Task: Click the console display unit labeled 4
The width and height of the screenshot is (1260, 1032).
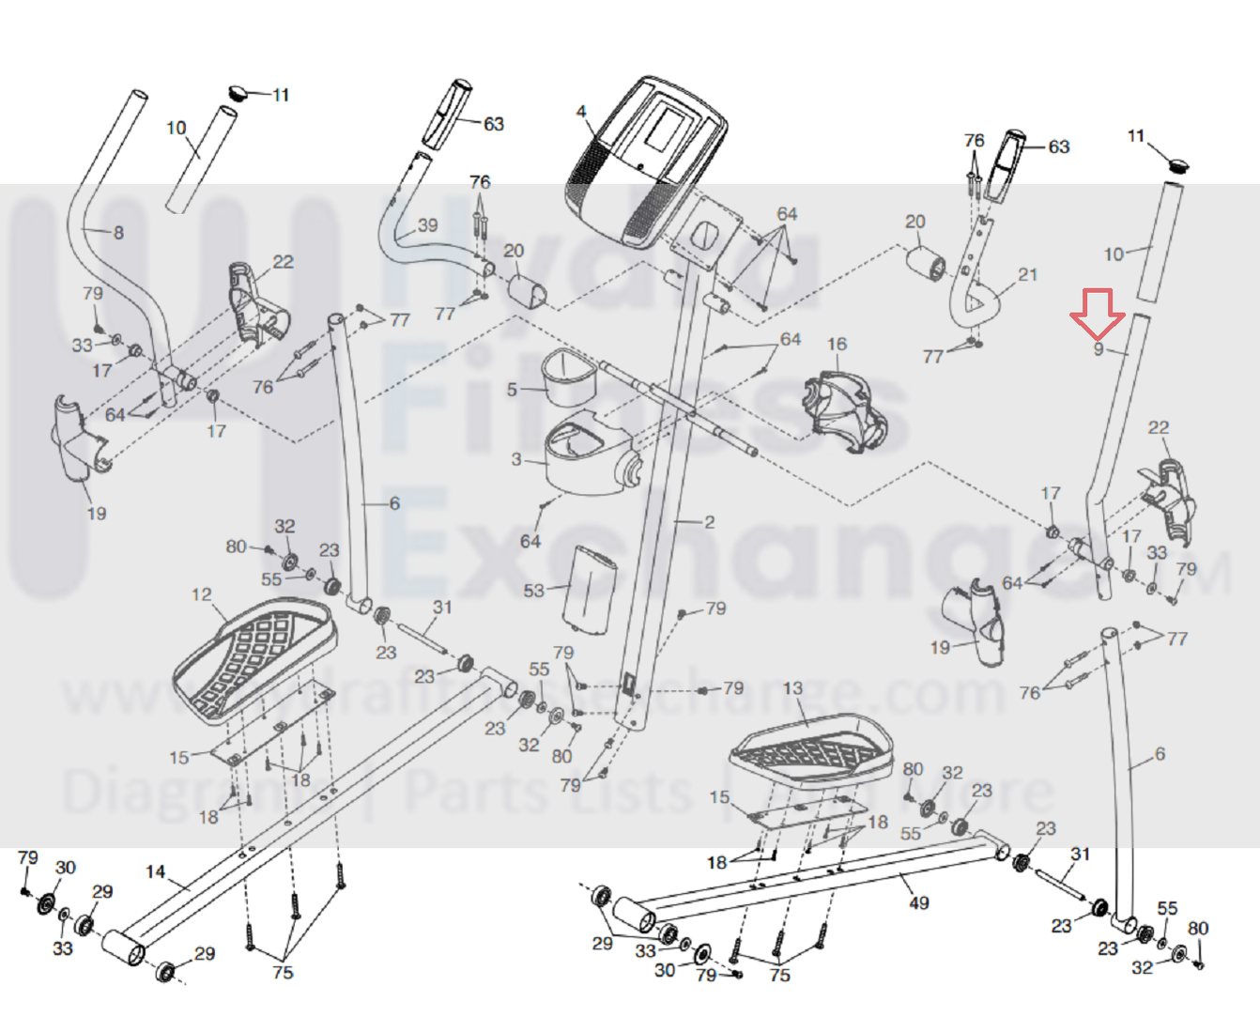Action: (646, 160)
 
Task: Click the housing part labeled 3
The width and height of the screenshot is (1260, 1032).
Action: (587, 456)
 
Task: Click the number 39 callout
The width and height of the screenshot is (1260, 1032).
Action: (427, 225)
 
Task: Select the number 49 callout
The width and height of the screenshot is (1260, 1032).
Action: (919, 902)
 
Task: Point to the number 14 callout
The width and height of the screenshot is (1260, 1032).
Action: (156, 871)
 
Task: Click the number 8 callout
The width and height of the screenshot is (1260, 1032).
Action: (118, 232)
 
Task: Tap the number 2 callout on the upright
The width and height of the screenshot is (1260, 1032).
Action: (709, 522)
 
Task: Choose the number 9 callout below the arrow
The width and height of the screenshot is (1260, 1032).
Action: (1099, 349)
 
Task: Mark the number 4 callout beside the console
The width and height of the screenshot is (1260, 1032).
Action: (581, 112)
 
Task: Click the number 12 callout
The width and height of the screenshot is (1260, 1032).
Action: (202, 594)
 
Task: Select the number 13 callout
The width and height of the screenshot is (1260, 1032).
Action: (793, 688)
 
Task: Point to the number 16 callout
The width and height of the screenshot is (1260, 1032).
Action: (837, 345)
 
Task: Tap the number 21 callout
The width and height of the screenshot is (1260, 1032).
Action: (1028, 274)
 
